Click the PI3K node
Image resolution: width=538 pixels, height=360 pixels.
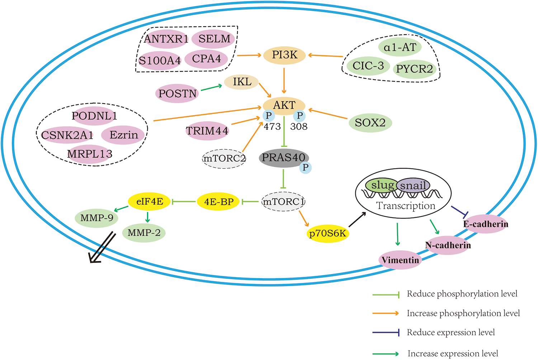284,55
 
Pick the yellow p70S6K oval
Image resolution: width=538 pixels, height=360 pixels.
328,233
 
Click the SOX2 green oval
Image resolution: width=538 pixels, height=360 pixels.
370,123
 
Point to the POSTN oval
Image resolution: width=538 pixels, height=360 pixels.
177,94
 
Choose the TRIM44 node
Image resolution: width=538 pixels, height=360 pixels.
207,131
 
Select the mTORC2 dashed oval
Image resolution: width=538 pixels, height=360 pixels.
224,158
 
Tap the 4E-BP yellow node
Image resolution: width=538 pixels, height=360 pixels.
218,202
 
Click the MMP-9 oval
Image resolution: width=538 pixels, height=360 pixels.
96,218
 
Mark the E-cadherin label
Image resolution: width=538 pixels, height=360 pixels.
486,224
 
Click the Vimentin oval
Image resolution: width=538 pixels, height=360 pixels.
400,260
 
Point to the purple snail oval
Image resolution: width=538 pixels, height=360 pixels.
413,185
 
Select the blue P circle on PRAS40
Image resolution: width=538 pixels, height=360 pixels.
305,167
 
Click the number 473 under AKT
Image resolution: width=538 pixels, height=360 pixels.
272,127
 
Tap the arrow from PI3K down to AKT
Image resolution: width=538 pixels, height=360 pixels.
284,81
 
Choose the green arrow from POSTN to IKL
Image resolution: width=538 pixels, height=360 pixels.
211,87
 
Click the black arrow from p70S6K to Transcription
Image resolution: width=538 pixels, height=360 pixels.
357,219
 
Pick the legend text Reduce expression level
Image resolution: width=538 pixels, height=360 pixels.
451,332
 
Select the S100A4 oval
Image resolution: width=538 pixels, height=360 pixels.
160,61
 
